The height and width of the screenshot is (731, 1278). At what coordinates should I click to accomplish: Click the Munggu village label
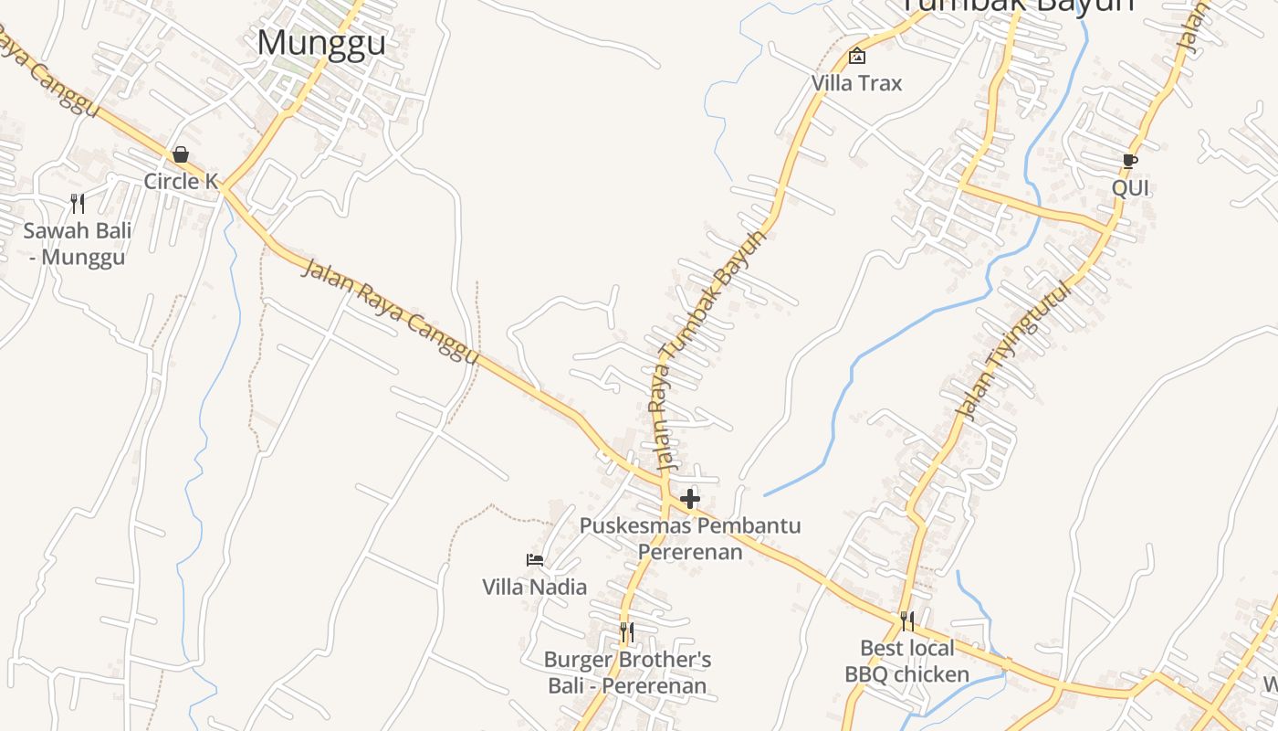point(321,43)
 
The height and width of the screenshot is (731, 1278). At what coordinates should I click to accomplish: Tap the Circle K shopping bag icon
point(181,154)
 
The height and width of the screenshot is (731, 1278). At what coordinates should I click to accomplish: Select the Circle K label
point(181,181)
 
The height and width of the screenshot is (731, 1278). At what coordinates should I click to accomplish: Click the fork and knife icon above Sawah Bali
point(78,204)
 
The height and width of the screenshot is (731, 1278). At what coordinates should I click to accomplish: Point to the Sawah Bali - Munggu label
point(78,243)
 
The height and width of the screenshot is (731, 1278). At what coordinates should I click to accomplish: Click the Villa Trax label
point(856,83)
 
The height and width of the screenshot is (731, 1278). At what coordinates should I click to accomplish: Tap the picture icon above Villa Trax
point(856,56)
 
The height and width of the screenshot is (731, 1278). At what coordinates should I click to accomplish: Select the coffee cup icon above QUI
point(1129,162)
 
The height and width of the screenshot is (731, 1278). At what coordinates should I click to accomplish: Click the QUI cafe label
point(1129,188)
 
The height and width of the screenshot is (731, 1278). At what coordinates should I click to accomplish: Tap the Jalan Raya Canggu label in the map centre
point(390,312)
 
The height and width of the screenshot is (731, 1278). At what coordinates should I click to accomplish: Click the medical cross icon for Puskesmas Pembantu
point(690,499)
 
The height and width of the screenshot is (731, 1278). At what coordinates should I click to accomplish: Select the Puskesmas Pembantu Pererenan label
point(690,538)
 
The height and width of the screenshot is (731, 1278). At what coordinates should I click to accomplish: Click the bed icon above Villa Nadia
point(535,559)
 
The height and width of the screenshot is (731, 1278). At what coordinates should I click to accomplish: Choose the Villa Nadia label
point(535,587)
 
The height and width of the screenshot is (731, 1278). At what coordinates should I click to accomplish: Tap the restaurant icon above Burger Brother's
point(626,631)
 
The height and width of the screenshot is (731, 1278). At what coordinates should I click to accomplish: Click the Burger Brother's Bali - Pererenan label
point(626,673)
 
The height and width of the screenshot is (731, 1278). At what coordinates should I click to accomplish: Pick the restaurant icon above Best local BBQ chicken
point(906,621)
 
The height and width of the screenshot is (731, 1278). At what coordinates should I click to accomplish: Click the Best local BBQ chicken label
point(906,662)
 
